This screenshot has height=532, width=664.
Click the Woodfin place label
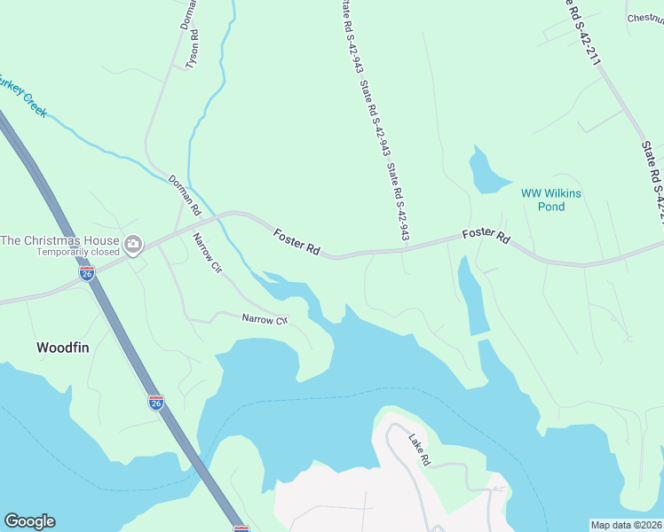[63, 348]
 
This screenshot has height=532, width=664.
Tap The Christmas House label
[59, 240]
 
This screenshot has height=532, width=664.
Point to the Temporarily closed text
[77, 252]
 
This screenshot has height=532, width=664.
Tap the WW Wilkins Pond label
[542, 199]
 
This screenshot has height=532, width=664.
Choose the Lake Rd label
[419, 449]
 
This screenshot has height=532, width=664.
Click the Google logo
[29, 521]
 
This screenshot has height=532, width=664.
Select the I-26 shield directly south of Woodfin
[155, 402]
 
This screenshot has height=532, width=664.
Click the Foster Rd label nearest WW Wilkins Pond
[486, 236]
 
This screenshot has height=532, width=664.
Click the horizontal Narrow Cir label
[265, 317]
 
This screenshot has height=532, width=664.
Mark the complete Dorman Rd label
[186, 194]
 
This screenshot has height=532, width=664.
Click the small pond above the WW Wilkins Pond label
[485, 170]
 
